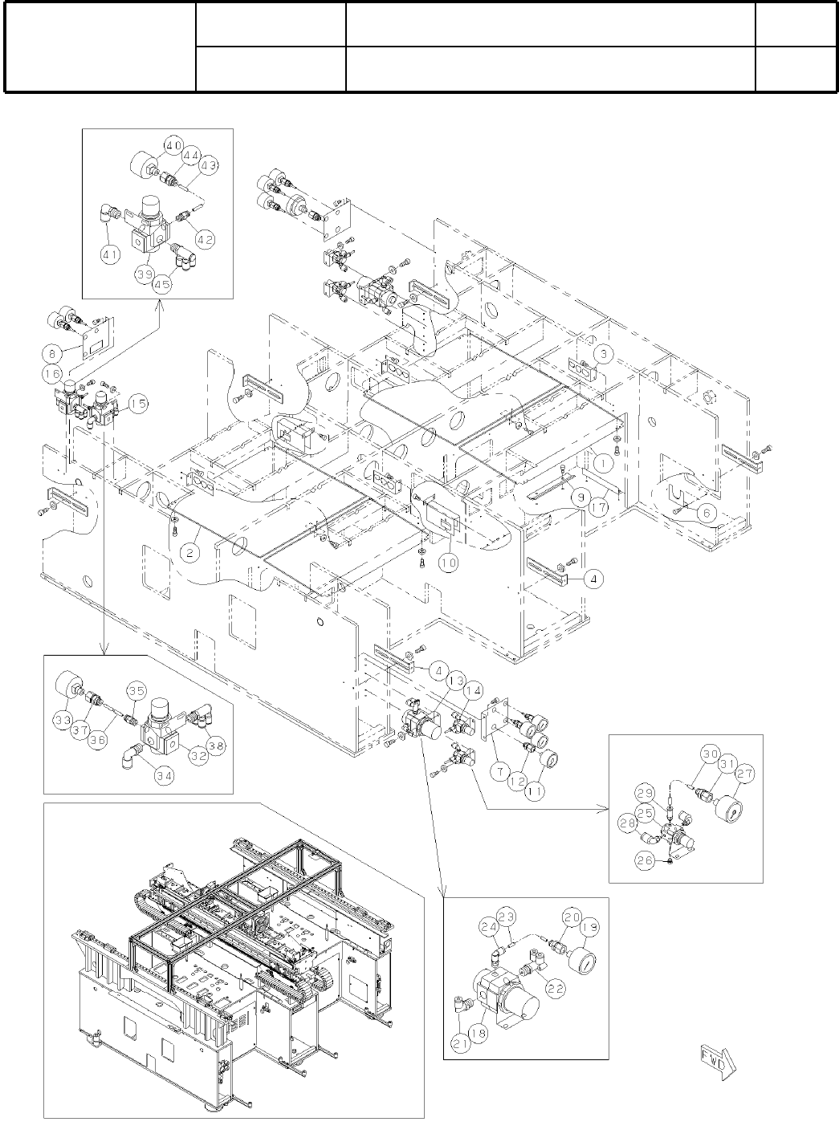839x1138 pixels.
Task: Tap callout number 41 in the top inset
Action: (x=110, y=256)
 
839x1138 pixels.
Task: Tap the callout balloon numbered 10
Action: (x=448, y=563)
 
